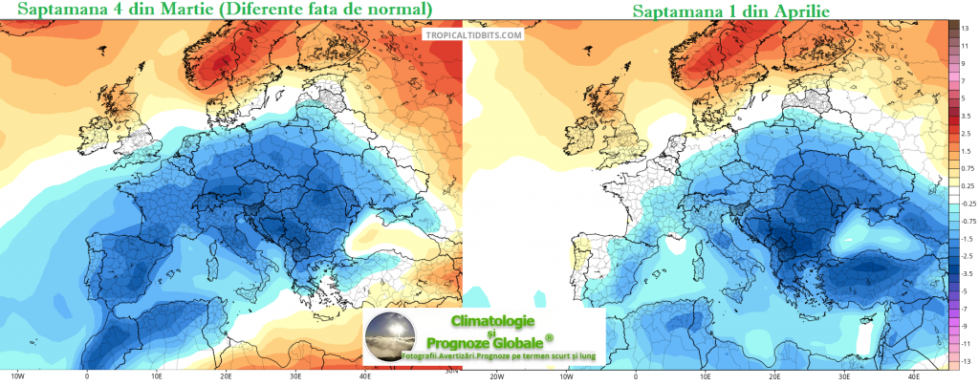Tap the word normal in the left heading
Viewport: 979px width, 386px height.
point(398,11)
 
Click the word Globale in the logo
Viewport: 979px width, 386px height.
point(522,341)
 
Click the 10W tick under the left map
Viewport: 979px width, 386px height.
point(16,375)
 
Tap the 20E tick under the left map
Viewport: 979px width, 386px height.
point(227,375)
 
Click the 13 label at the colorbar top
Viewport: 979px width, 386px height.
point(966,28)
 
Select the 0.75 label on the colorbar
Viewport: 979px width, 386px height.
point(966,168)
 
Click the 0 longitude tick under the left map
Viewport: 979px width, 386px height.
point(87,375)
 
